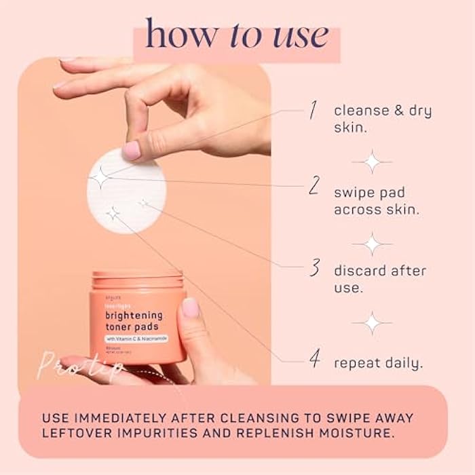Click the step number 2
coord(313,185)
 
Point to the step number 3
coord(314,269)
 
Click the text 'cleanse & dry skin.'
coord(382,119)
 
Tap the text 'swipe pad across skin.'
coord(376,201)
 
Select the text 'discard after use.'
coord(379,279)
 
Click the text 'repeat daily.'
coord(378,363)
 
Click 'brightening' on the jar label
coord(133,315)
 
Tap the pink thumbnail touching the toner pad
coord(131,150)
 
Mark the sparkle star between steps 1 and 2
coord(371,161)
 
